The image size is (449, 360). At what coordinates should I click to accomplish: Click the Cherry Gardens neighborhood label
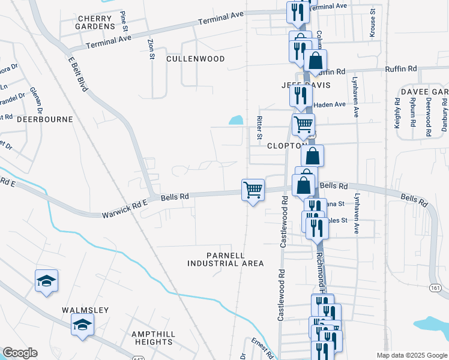pyautogui.click(x=96, y=23)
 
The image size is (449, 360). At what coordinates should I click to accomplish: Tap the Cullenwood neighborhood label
pyautogui.click(x=195, y=59)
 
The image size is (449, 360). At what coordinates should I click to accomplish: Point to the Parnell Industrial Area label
pyautogui.click(x=226, y=259)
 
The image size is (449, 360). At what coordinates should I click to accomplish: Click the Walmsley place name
pyautogui.click(x=85, y=310)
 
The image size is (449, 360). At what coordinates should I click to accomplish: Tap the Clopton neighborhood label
pyautogui.click(x=287, y=146)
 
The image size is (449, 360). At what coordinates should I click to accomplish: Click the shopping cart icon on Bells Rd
pyautogui.click(x=253, y=190)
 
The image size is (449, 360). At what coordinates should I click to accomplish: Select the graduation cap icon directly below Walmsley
pyautogui.click(x=82, y=325)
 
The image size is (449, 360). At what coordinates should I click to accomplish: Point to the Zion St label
pyautogui.click(x=151, y=49)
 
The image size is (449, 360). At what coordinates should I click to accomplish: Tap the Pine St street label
pyautogui.click(x=124, y=20)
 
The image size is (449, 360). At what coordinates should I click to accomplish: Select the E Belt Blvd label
pyautogui.click(x=78, y=74)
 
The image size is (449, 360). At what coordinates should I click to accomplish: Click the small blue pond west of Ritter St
pyautogui.click(x=236, y=121)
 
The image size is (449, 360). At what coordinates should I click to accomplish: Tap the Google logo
pyautogui.click(x=20, y=353)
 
